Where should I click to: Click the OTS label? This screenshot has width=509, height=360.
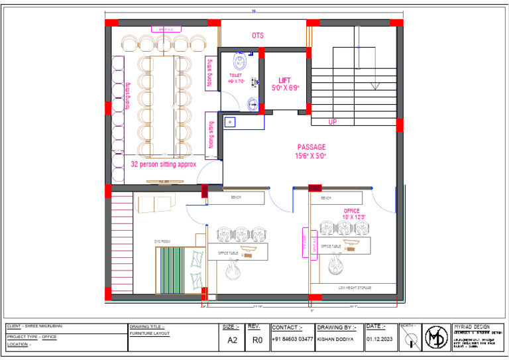pyautogui.click(x=258, y=35)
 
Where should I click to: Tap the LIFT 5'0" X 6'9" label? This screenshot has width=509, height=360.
pyautogui.click(x=285, y=84)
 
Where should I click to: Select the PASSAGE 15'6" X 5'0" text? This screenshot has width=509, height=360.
pyautogui.click(x=311, y=151)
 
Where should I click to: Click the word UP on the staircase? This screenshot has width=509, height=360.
pyautogui.click(x=333, y=122)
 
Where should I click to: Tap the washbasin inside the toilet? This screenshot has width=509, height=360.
pyautogui.click(x=253, y=103)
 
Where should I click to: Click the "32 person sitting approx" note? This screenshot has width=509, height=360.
pyautogui.click(x=163, y=164)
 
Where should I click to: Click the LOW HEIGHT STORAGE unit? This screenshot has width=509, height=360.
pyautogui.click(x=355, y=288)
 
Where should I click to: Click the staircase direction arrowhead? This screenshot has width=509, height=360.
pyautogui.click(x=374, y=86)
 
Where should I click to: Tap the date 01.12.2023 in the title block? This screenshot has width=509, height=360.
pyautogui.click(x=380, y=339)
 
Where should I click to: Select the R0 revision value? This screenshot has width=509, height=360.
pyautogui.click(x=256, y=339)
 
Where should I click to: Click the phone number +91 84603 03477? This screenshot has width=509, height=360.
pyautogui.click(x=292, y=339)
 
